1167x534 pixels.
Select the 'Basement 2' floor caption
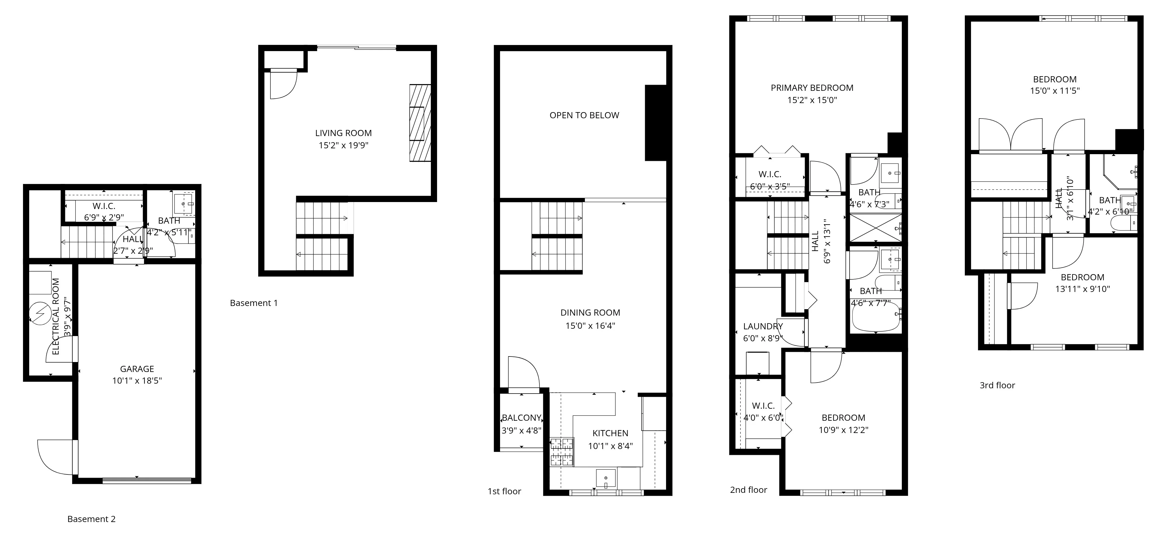[92, 519]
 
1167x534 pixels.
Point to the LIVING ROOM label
[343, 133]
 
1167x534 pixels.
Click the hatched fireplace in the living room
[420, 123]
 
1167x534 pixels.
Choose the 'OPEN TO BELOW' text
[584, 115]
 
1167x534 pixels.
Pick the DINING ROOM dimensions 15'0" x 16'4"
[590, 326]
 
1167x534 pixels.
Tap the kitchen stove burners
[562, 452]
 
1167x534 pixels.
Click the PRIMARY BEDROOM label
[812, 88]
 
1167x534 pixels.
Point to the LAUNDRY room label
[763, 326]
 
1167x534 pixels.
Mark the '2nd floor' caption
[748, 490]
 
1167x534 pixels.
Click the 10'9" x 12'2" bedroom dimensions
[843, 430]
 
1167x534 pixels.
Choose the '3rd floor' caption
[997, 385]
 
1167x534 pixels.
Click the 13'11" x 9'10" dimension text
[1082, 289]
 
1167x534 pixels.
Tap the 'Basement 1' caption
[254, 303]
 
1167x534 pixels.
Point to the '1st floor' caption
[504, 491]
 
